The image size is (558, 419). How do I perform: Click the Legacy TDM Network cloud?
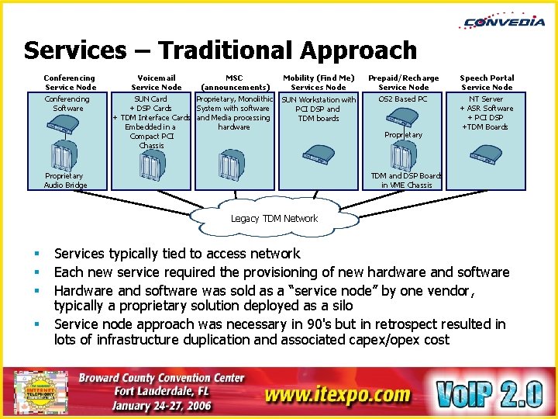coord(274,218)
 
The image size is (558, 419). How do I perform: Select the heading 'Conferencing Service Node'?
coord(70,82)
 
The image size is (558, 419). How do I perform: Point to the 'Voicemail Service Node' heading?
coord(156,82)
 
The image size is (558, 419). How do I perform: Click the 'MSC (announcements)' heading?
coord(234,82)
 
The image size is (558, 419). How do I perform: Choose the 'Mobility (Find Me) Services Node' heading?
coord(319,82)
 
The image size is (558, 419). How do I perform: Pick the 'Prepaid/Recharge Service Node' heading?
coord(403,82)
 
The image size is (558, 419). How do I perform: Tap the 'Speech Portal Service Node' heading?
coord(487,82)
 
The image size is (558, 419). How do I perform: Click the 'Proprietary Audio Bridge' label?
coord(66,180)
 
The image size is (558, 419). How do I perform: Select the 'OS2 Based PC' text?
coord(403,99)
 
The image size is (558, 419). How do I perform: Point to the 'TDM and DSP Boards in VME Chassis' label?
coord(406,180)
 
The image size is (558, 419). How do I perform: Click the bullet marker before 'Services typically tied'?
coord(36,254)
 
